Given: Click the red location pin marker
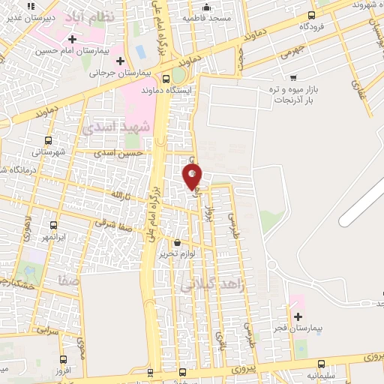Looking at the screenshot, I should pos(192,175).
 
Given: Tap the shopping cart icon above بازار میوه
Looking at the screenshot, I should pos(292,77).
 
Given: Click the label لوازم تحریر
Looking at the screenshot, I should pos(177,254).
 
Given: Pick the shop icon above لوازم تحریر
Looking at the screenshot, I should pos(177,243).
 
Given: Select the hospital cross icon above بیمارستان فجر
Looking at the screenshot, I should pos(298,319).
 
